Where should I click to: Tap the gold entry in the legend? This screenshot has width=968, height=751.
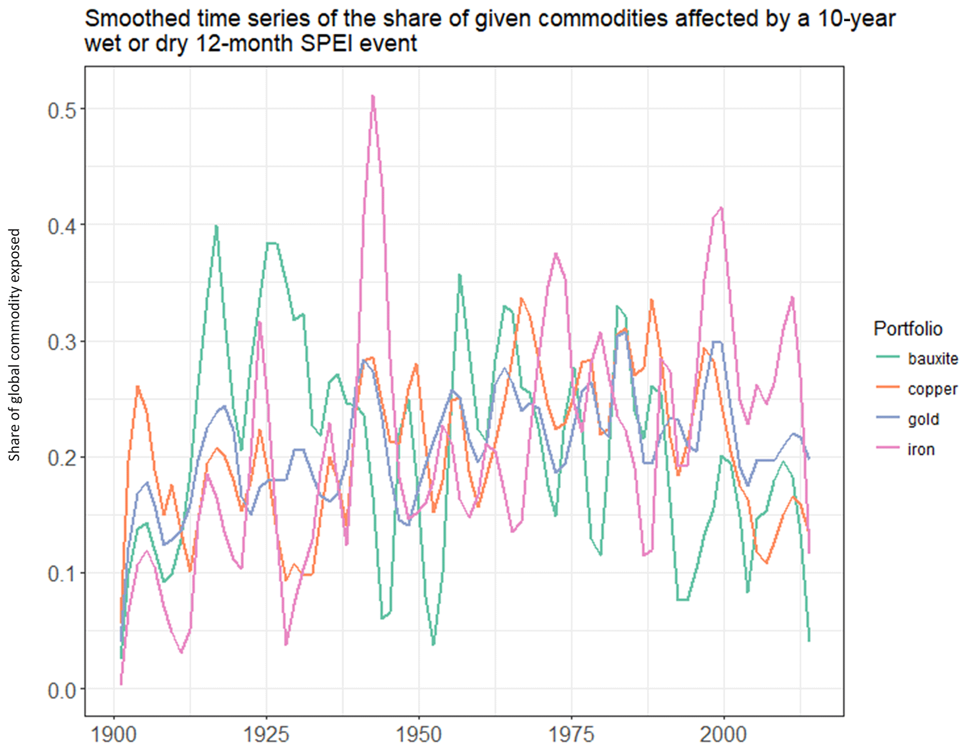[923, 419]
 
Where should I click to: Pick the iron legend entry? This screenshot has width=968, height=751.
[921, 450]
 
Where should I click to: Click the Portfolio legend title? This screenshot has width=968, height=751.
[908, 329]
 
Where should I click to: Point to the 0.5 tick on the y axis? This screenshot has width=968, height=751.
[62, 110]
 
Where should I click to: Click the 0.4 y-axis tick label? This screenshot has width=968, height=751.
[62, 226]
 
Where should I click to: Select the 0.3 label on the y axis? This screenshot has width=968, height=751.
[62, 342]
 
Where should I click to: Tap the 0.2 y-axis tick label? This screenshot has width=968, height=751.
[62, 458]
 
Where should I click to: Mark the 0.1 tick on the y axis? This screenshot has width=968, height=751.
[62, 573]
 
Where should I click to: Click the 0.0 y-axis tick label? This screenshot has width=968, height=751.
[62, 690]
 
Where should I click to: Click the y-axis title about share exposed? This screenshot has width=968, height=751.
[15, 345]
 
